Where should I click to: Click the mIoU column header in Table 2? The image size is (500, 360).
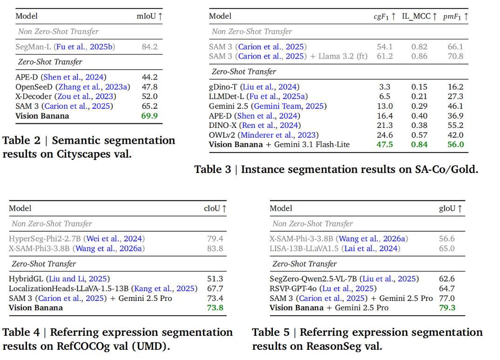coord(149,16)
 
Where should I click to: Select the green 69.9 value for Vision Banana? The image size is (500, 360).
coord(149,116)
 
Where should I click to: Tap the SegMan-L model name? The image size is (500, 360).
coord(33,47)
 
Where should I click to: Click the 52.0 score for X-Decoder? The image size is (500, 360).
coord(149,97)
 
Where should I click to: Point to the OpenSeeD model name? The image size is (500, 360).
coord(34,87)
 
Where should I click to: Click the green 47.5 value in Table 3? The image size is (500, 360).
coord(385,145)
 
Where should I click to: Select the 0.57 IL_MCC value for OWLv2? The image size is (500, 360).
coord(419,135)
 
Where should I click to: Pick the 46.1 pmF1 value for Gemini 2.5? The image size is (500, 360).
coord(455,106)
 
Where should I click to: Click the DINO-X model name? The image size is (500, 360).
coord(223,126)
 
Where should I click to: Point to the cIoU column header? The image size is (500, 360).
coord(215,208)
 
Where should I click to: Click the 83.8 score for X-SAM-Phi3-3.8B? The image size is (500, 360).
coord(215,248)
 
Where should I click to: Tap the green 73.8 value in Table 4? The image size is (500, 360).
coord(215,308)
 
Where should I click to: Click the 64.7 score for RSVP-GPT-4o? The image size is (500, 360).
coord(447,289)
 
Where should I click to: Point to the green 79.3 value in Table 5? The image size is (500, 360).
coord(447,308)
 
